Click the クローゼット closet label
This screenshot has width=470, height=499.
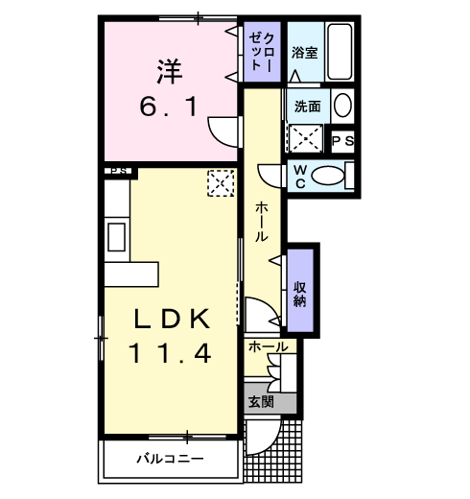pos(262,50)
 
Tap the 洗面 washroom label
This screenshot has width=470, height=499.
pos(307,106)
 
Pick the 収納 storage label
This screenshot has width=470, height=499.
pos(300,294)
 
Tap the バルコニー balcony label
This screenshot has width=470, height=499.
pos(169,459)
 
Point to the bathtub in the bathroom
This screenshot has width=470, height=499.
pos(341,51)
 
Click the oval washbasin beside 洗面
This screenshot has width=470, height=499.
pos(342,106)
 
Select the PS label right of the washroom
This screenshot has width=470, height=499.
pos(342,140)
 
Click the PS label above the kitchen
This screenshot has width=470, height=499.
pos(120,172)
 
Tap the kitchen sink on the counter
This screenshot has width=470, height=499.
pos(115,236)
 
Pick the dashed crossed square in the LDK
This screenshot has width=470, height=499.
pos(221,182)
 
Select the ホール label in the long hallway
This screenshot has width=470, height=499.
pos(260,223)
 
